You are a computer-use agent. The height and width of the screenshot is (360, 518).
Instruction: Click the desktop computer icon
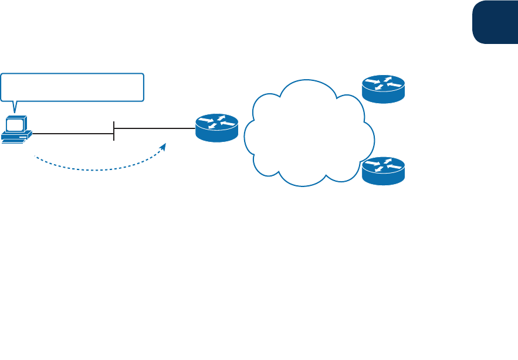(16, 129)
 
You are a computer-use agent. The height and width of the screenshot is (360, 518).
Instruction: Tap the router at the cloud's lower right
(383, 170)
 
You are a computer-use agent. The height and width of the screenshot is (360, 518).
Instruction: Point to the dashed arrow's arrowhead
(165, 144)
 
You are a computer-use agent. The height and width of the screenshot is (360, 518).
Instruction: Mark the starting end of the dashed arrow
(36, 157)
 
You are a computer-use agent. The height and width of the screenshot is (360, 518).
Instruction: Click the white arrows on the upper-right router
(383, 84)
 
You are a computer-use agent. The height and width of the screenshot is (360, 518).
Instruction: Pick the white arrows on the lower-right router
(383, 165)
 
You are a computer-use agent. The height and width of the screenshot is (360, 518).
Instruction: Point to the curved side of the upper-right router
(383, 97)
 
